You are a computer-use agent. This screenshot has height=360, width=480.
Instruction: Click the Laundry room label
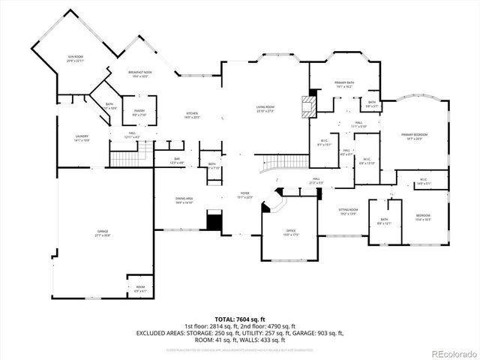tap(82, 138)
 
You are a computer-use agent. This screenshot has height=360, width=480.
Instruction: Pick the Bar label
tap(177, 160)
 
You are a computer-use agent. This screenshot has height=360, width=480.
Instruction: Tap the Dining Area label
tap(184, 200)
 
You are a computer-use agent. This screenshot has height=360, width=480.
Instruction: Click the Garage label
tap(103, 233)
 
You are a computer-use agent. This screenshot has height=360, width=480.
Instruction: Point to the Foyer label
tap(244, 195)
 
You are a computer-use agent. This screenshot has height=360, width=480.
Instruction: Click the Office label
tap(291, 233)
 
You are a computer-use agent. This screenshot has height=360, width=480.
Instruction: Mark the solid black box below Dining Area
tap(215, 221)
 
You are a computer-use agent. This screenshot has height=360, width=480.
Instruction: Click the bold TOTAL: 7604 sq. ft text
tap(239, 319)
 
